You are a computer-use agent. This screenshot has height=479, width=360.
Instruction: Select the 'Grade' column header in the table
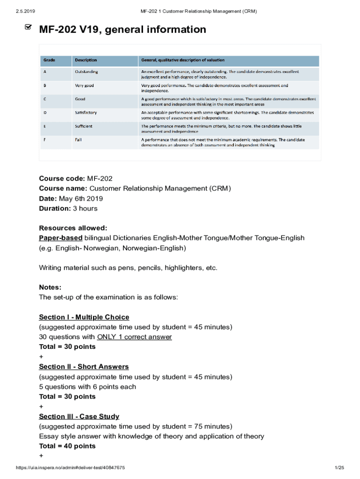point(50,60)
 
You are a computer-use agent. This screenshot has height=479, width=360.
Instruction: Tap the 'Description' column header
point(86,60)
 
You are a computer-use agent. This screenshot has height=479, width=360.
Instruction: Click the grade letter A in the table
point(45,72)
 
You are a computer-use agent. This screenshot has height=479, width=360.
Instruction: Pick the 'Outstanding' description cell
point(86,72)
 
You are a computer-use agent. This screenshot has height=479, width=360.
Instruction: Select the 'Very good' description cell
point(85,86)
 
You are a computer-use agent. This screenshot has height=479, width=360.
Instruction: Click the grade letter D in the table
point(45,113)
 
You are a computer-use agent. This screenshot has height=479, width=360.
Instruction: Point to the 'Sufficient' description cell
point(84,126)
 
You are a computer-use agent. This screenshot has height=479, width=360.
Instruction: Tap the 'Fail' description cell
point(79,140)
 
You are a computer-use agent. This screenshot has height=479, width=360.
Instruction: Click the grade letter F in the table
point(45,140)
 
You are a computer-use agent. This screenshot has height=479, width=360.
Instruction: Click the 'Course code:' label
point(62,179)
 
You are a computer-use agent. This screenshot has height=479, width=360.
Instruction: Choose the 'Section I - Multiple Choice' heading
point(84,317)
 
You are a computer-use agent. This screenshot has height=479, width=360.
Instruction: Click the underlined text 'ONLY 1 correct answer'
point(134,337)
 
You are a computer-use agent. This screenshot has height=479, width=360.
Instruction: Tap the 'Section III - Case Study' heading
point(79,416)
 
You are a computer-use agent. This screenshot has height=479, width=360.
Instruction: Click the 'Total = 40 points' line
point(67,446)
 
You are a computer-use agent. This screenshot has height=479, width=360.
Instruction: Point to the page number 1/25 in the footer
point(339,468)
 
